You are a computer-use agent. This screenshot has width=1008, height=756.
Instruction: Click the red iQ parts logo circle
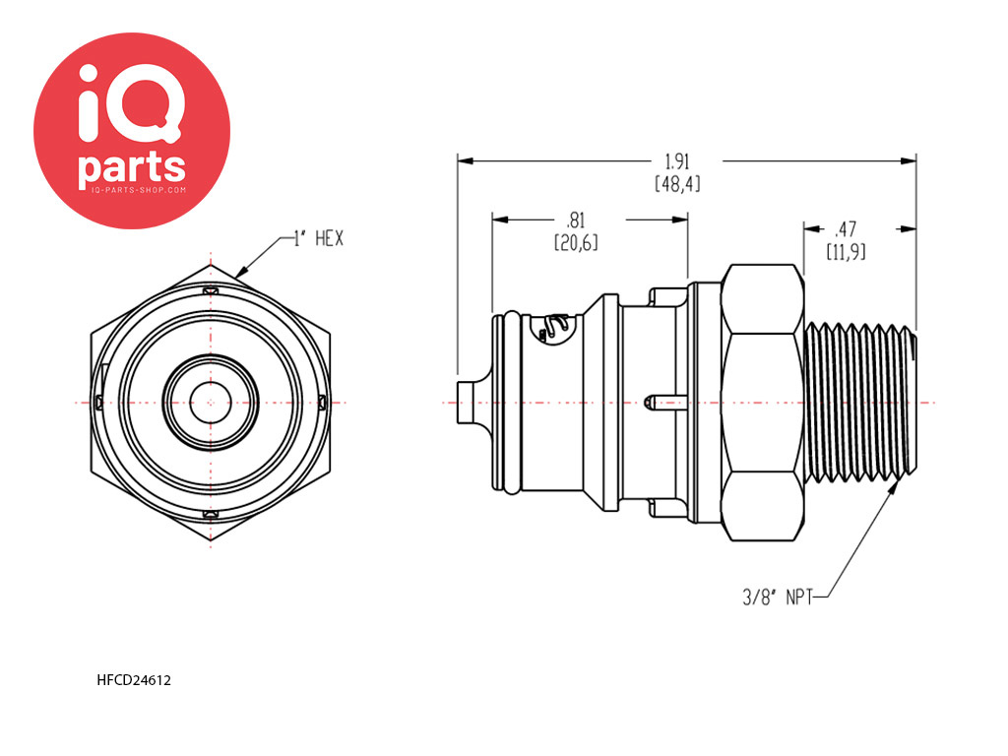point(132,131)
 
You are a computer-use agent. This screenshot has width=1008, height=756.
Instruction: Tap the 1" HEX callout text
point(318,238)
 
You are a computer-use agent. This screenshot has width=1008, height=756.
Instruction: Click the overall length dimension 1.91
point(675,161)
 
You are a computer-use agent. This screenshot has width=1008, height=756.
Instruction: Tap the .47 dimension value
point(846,230)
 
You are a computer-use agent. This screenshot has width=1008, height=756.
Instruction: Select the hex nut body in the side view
point(763,402)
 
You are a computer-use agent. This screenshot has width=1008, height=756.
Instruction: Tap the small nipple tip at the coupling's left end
point(469,402)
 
